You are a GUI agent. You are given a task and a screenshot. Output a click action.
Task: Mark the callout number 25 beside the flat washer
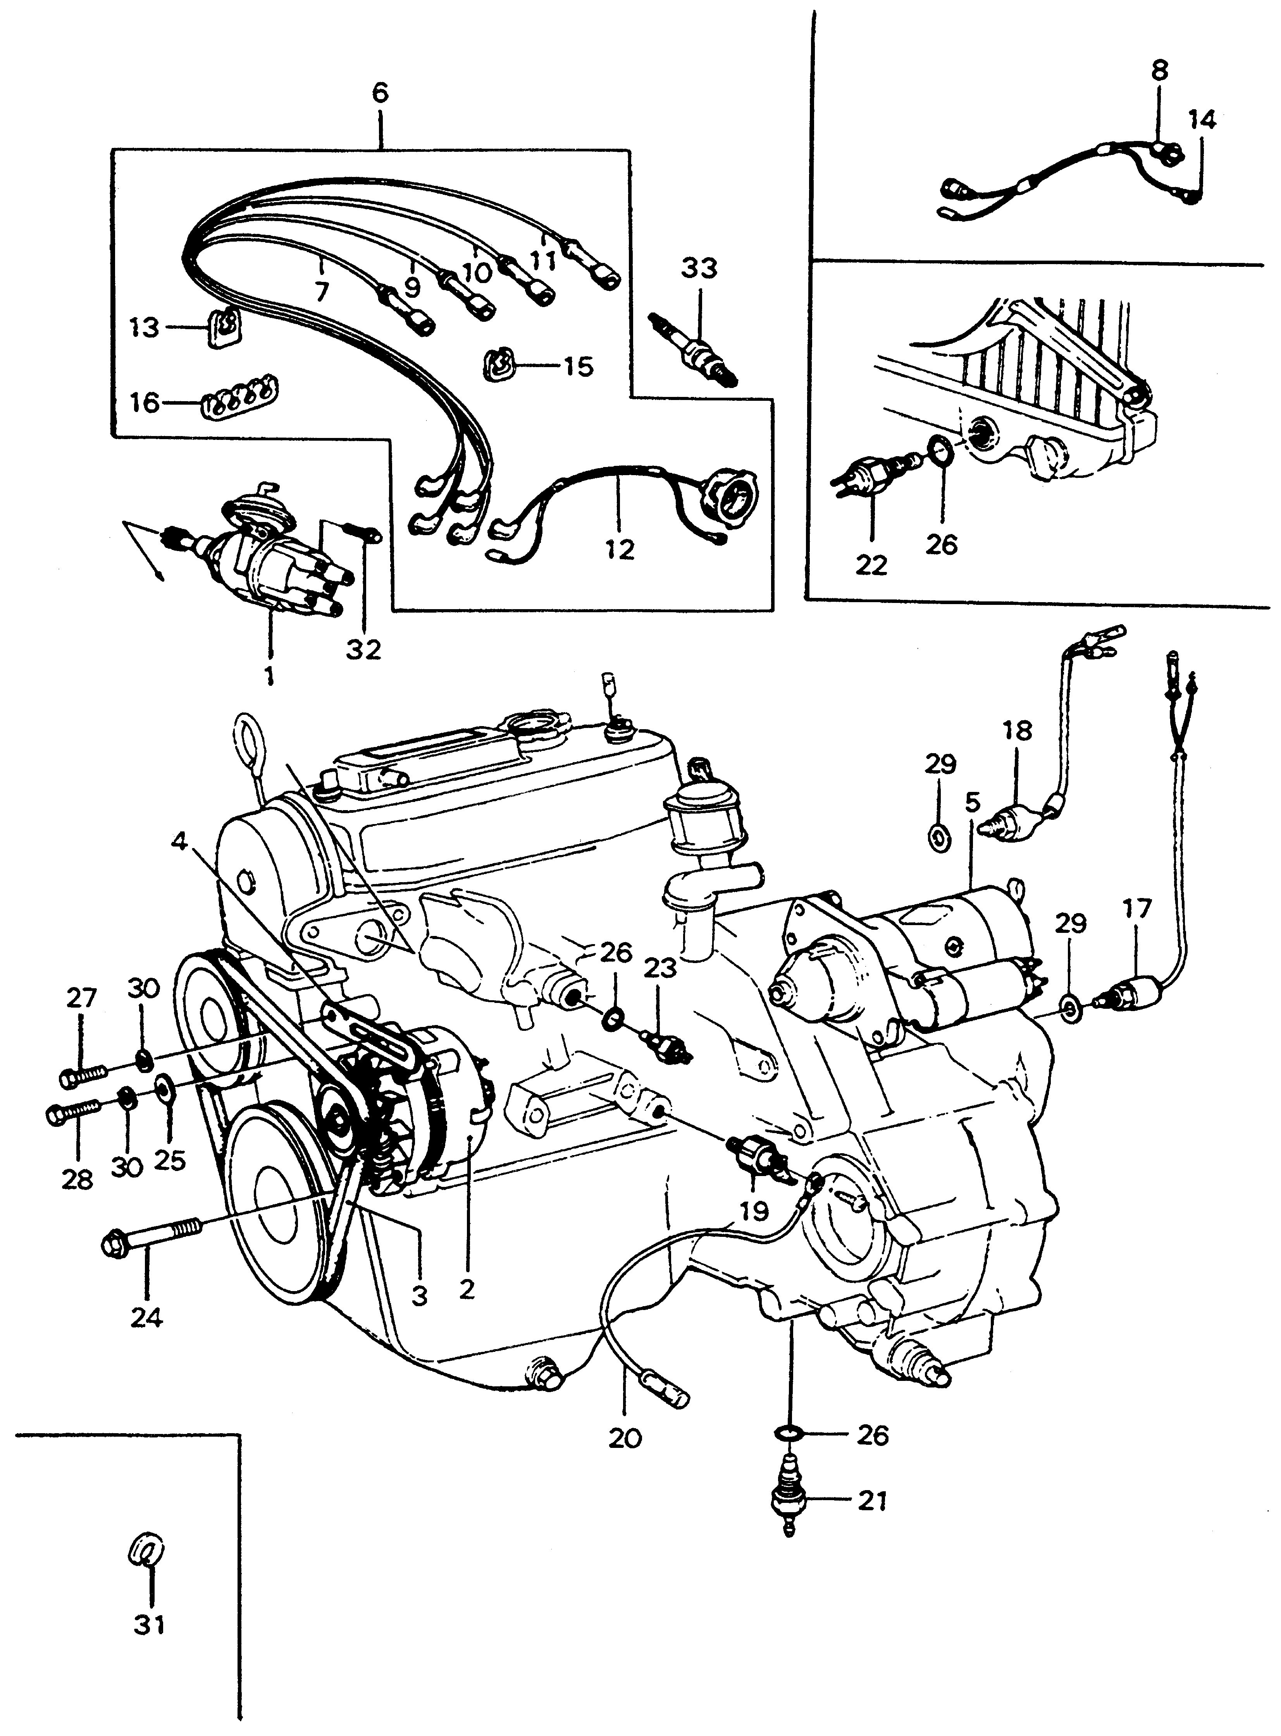170,1159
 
